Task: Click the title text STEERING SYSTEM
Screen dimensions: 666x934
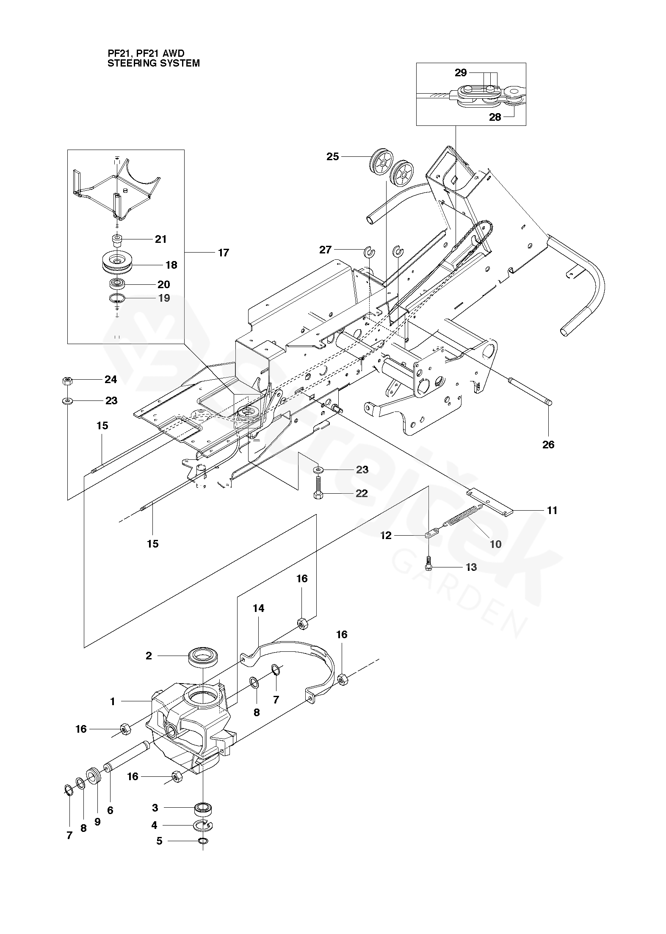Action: click(x=154, y=63)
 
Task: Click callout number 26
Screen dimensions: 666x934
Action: click(x=548, y=445)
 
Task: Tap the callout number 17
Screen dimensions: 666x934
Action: click(x=223, y=253)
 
